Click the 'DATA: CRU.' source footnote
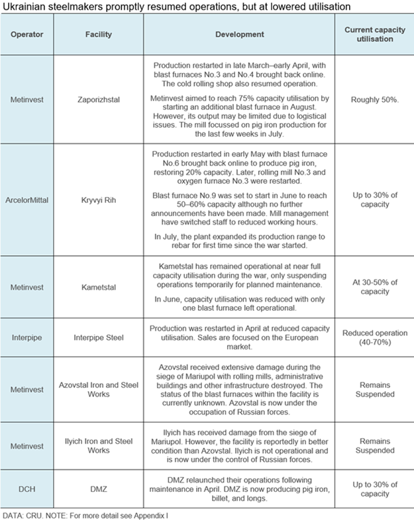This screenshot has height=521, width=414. (22, 514)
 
